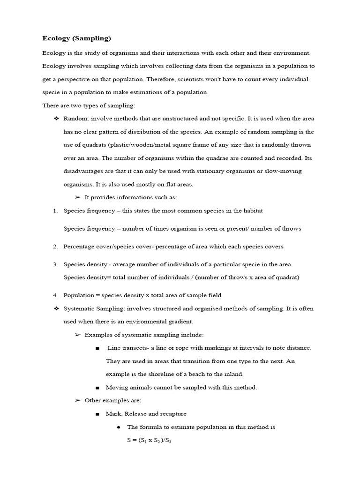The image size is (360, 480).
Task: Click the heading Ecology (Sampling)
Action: click(76, 38)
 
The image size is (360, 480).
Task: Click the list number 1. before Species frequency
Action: click(55, 211)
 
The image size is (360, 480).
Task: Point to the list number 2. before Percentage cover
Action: click(55, 247)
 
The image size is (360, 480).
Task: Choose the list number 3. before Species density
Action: click(55, 264)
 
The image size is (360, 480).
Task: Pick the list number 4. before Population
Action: click(55, 295)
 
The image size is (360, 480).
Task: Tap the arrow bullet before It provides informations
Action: click(78, 197)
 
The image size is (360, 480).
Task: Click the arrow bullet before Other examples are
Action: click(78, 401)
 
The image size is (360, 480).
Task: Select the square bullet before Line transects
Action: click(97, 348)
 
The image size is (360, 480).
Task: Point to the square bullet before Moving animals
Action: click(97, 388)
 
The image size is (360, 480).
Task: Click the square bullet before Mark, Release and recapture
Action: click(97, 414)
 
